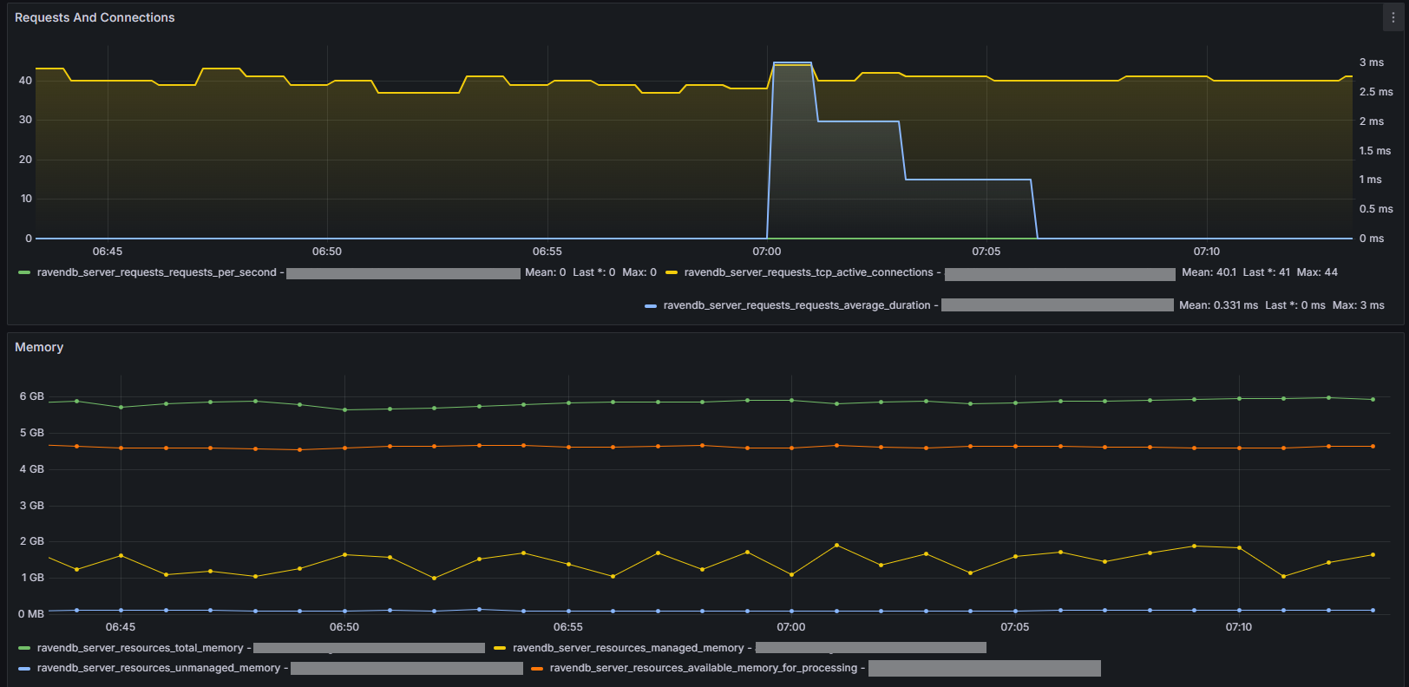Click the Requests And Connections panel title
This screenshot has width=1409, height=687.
[95, 17]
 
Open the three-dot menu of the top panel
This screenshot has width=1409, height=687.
[1393, 17]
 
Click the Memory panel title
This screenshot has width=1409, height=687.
[39, 347]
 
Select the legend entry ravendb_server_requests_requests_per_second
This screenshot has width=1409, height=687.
[156, 272]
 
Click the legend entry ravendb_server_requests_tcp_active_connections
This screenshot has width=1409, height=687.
[808, 272]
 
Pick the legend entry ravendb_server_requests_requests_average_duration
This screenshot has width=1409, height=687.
[796, 305]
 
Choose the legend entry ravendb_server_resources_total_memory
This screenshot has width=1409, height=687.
[140, 648]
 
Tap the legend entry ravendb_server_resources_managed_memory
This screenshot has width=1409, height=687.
[628, 648]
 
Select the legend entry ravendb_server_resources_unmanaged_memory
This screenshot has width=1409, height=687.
[158, 668]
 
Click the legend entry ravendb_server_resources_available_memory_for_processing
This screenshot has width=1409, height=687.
[703, 668]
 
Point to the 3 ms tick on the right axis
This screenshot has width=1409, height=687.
[1372, 62]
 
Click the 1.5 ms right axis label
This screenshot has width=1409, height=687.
[1375, 151]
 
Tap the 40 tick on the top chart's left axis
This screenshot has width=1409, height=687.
[26, 81]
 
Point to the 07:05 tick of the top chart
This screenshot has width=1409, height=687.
[986, 252]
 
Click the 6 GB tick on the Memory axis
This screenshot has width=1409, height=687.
[32, 396]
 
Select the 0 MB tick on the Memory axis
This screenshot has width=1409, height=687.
[31, 614]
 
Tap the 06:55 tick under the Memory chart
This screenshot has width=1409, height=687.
[568, 627]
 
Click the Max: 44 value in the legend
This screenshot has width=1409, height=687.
[1317, 272]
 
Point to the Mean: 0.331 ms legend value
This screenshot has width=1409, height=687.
[1218, 305]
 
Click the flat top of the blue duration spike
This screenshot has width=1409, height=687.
[792, 62]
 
